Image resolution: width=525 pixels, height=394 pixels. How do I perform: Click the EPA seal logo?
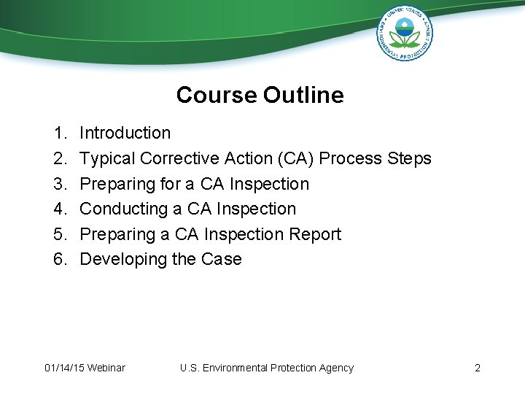pos(405,33)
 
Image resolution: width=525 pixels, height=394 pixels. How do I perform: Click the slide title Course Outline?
pos(260,95)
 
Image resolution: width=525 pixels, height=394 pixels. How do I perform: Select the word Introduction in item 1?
pos(125,133)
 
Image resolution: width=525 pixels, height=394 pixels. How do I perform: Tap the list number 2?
pos(60,158)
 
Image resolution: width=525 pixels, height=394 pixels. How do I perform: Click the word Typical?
pos(107,158)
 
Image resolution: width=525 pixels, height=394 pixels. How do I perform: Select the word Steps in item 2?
pos(411,158)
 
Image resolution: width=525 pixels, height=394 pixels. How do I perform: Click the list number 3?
pos(60,184)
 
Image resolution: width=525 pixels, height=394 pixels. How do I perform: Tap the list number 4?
pos(60,209)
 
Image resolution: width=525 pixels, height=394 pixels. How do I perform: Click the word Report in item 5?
pos(316,234)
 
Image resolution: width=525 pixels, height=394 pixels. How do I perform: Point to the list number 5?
pos(60,234)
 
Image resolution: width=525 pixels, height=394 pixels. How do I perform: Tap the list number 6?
pos(60,259)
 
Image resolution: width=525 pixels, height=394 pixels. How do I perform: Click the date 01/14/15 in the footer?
pos(63,368)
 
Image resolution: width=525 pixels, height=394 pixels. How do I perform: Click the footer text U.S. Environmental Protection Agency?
pos(266,368)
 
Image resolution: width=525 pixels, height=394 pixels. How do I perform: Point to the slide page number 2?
pos(478,368)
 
